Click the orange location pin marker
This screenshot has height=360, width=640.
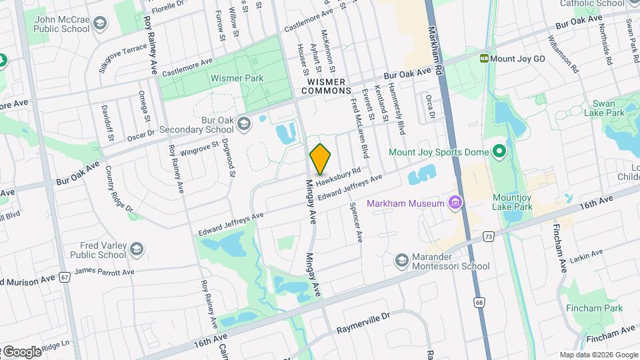pos(321,159)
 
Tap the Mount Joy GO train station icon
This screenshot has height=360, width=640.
pos(484,59)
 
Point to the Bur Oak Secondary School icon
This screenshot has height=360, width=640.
pos(245,123)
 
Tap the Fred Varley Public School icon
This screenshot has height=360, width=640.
pos(136,249)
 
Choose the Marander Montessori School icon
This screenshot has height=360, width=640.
pos(401,259)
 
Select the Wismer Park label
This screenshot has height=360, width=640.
pos(237,78)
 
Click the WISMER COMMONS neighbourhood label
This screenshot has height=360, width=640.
pos(326,90)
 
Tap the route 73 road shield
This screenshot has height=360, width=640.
pos(489,236)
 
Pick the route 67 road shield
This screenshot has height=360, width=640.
pos(65,276)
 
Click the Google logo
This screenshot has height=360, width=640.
pos(22,351)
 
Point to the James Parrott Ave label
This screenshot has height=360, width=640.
pos(104,271)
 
